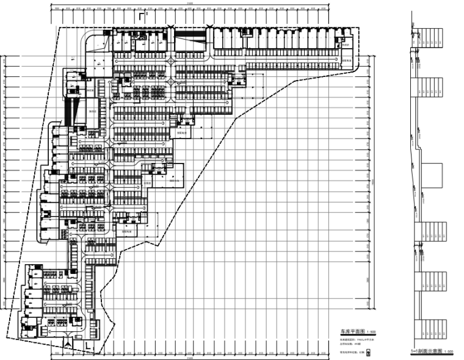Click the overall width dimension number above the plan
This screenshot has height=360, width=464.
point(190,3)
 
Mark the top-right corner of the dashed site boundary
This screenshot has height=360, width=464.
point(353,27)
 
